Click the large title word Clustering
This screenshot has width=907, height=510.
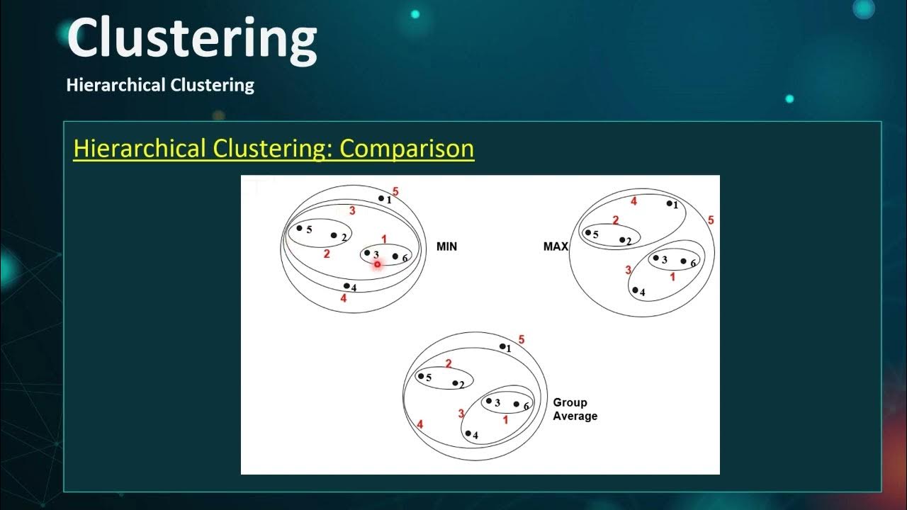[x=191, y=39]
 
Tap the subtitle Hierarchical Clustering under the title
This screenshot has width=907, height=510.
[x=160, y=86]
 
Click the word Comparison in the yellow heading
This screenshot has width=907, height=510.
[x=407, y=149]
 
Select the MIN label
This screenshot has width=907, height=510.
[x=446, y=246]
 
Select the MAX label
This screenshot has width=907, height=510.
[x=556, y=246]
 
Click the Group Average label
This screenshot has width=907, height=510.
[x=575, y=409]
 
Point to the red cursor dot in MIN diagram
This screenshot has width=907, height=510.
[x=377, y=264]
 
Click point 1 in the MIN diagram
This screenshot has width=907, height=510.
[x=381, y=199]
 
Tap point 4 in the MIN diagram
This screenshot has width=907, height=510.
[x=347, y=286]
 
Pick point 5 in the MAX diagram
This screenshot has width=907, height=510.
[x=588, y=232]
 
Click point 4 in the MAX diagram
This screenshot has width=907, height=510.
[x=636, y=290]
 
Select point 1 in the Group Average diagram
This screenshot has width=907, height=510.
[x=502, y=346]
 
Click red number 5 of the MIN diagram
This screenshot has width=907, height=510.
[x=395, y=192]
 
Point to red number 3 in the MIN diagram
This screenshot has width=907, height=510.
[x=352, y=211]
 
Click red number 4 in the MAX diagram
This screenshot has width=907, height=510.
[x=633, y=202]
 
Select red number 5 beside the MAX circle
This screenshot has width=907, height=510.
[x=711, y=221]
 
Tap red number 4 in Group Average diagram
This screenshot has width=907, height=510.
[x=419, y=424]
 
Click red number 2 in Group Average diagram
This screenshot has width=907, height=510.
[x=448, y=364]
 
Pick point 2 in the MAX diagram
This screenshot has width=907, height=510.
[x=621, y=240]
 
